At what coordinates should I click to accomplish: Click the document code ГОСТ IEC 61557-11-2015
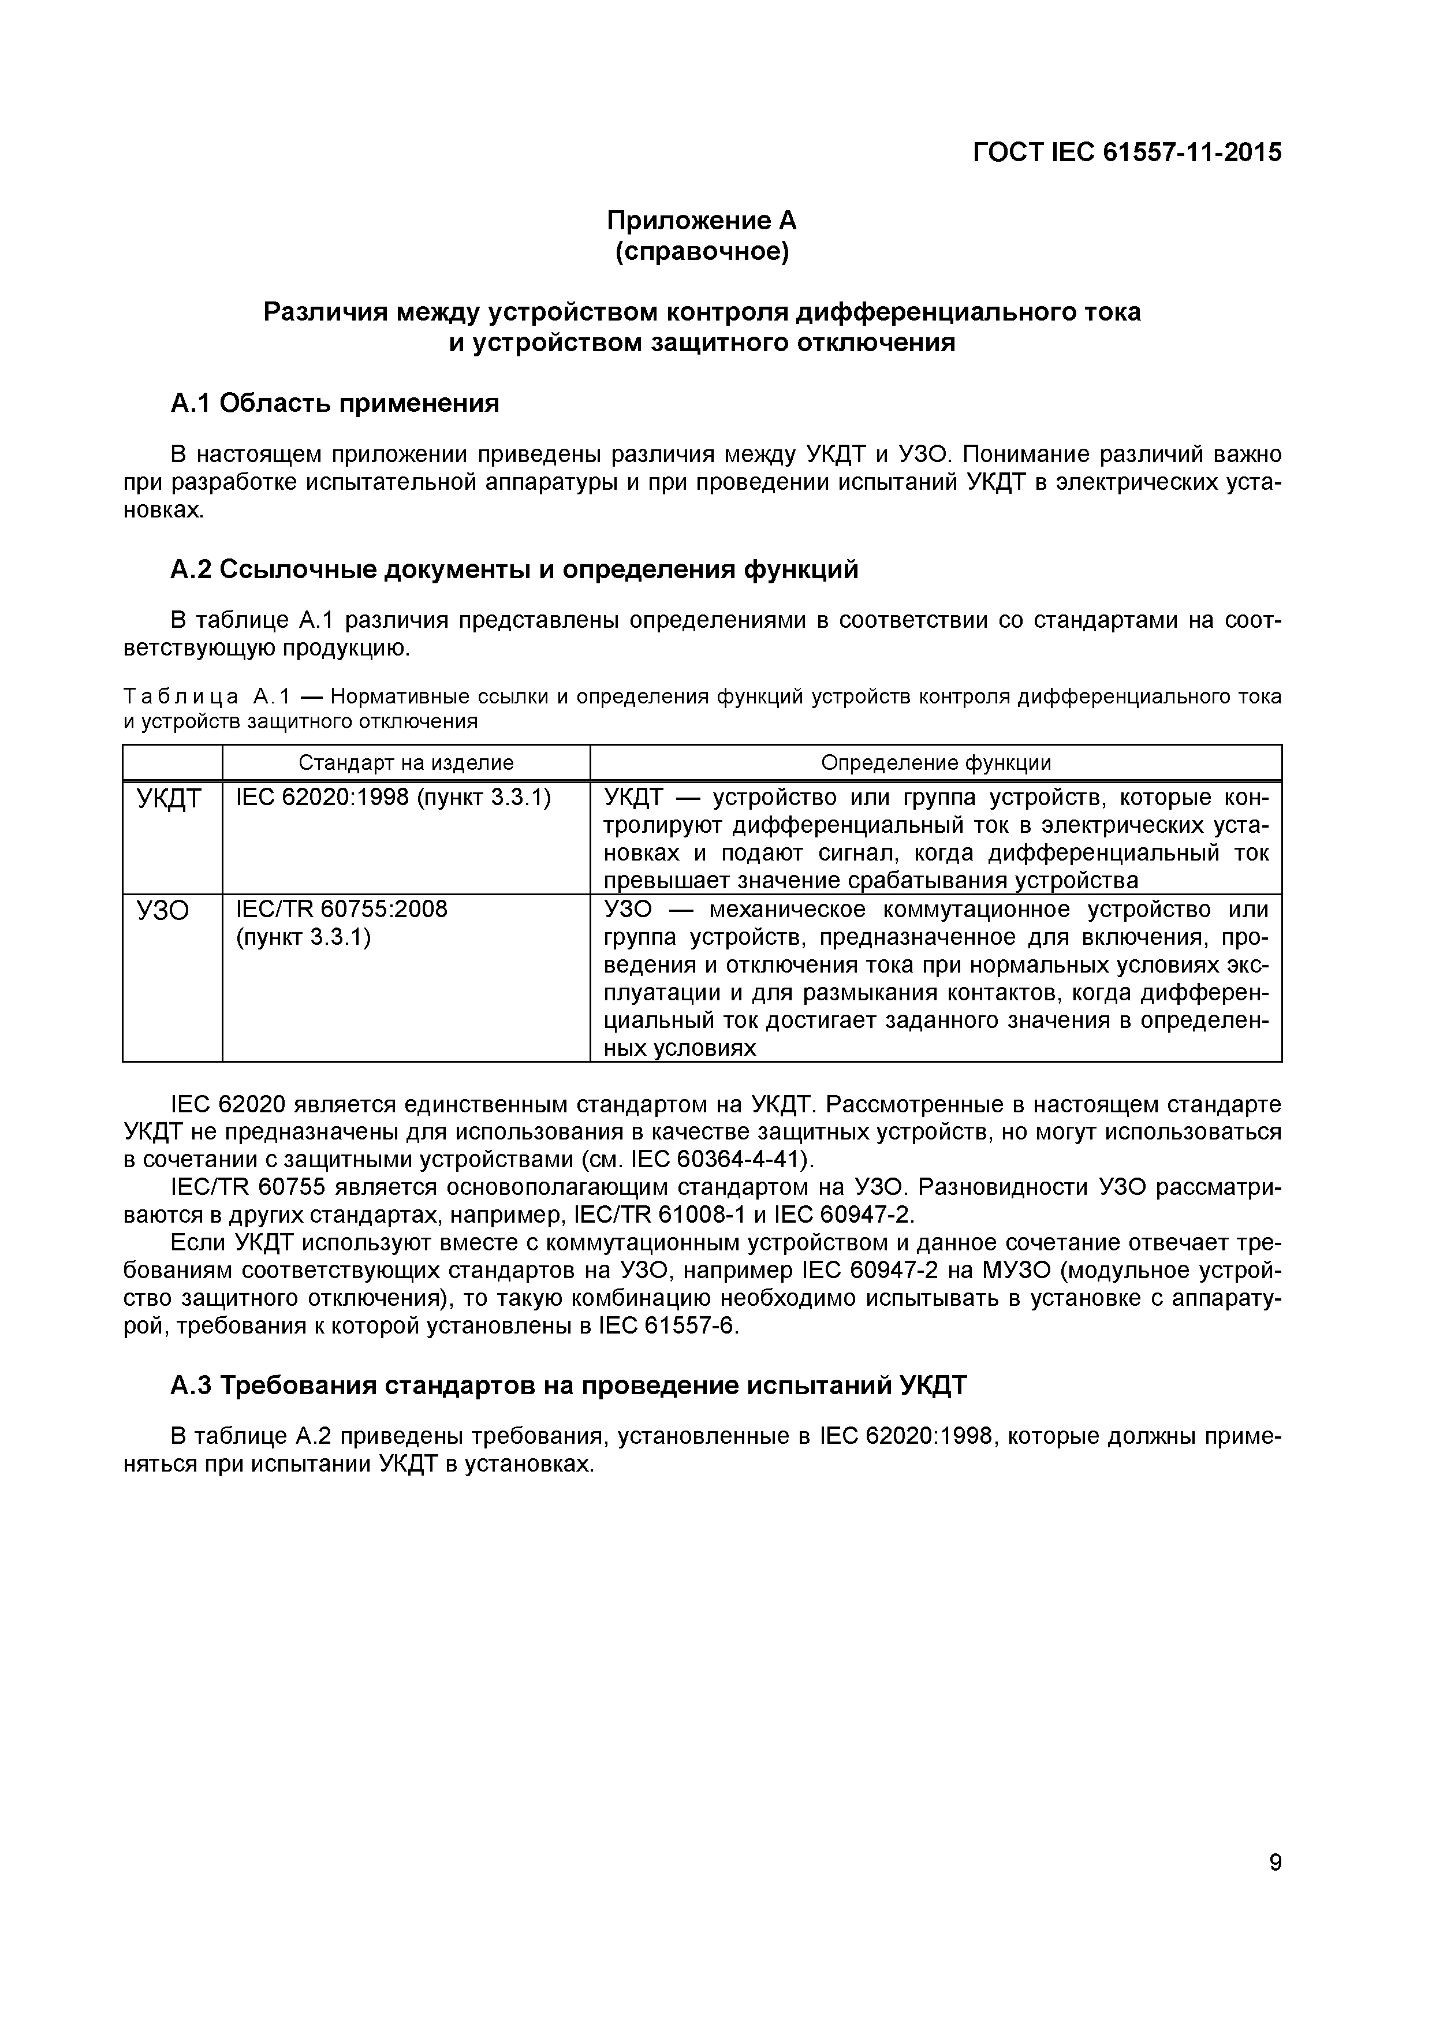1127,152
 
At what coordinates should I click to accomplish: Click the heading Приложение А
702,219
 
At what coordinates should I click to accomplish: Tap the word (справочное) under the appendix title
702,252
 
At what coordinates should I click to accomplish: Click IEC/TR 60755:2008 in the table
341,909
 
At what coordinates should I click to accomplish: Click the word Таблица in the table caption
180,697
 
